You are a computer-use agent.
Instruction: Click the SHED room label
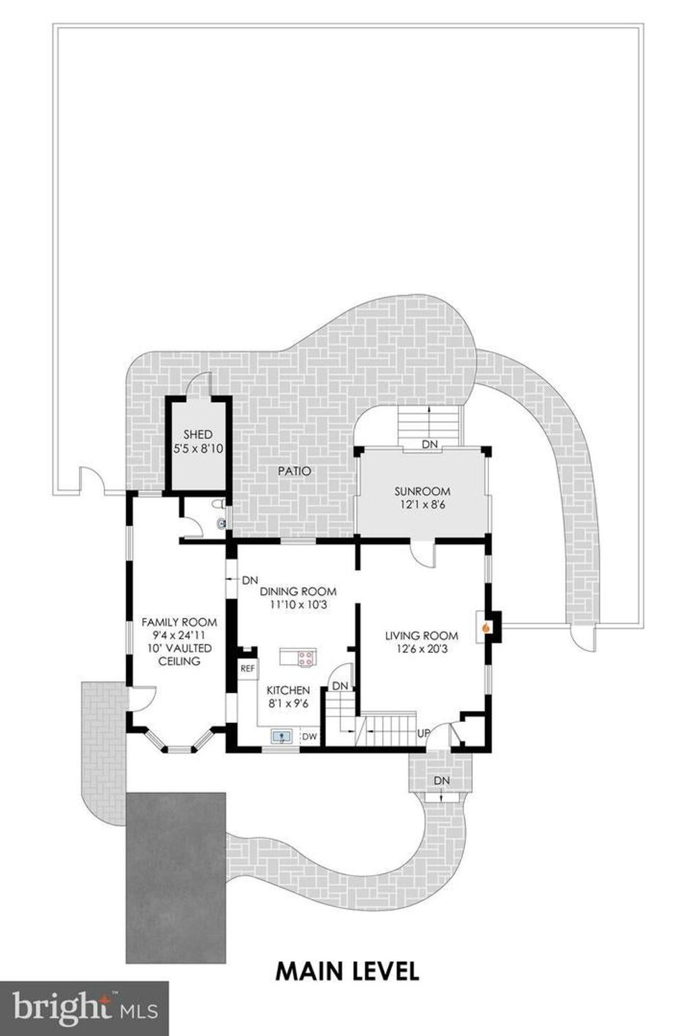tap(198, 434)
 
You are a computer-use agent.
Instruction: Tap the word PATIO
tap(294, 472)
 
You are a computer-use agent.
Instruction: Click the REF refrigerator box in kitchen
tap(247, 669)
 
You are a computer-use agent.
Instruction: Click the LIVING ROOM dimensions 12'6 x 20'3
tap(422, 649)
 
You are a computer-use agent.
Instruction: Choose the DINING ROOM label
tap(298, 591)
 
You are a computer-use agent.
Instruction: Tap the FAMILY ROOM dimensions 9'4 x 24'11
tap(179, 635)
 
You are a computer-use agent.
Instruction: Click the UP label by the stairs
tap(423, 733)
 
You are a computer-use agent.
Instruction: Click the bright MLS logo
tap(85, 1008)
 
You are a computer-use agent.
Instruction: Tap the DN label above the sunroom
tap(429, 444)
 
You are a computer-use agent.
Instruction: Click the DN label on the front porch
tap(441, 780)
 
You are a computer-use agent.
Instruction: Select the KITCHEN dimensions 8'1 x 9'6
tap(287, 704)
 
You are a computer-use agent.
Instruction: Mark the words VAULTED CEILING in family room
tap(179, 655)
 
